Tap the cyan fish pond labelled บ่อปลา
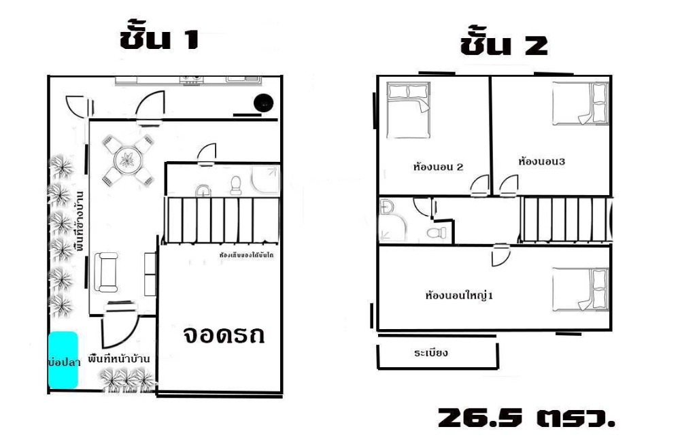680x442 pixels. pyautogui.click(x=63, y=361)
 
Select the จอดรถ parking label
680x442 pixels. pyautogui.click(x=223, y=336)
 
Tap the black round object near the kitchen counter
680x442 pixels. pyautogui.click(x=263, y=103)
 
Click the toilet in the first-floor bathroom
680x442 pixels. pyautogui.click(x=236, y=186)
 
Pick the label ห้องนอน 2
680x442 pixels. pyautogui.click(x=438, y=166)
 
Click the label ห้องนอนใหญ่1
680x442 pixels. pyautogui.click(x=458, y=296)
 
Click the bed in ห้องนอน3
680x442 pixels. pyautogui.click(x=580, y=104)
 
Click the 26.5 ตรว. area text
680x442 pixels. pyautogui.click(x=527, y=418)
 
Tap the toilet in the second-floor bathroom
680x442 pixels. pyautogui.click(x=436, y=233)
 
